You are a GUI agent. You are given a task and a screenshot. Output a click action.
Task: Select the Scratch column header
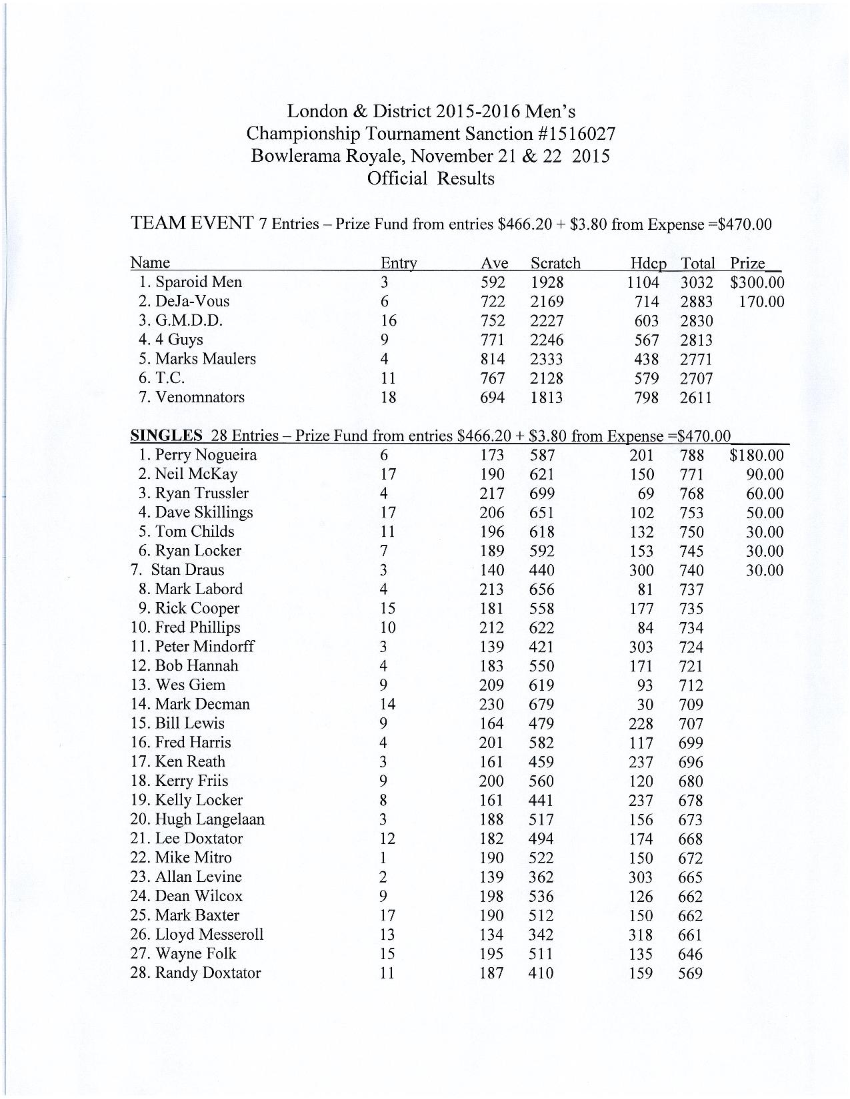coord(555,263)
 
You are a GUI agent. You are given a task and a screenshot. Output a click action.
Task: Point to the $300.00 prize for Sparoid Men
coord(757,282)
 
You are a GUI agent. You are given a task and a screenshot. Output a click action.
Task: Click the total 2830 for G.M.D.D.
coord(696,321)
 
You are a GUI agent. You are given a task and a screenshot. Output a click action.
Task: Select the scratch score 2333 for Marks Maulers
coord(546,359)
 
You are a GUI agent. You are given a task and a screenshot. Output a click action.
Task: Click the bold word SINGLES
coord(166,436)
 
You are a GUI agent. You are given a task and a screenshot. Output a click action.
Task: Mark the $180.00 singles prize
coord(757,456)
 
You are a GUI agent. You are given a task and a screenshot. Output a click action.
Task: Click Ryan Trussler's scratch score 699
coord(541,494)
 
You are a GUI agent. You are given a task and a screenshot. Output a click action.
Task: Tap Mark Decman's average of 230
coord(492,704)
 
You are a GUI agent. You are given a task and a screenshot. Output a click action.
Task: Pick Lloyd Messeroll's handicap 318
coord(641,934)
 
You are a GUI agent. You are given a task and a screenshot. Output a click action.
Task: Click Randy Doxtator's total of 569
coord(690,973)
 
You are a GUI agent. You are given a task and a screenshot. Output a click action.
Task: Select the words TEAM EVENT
coord(192,222)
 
